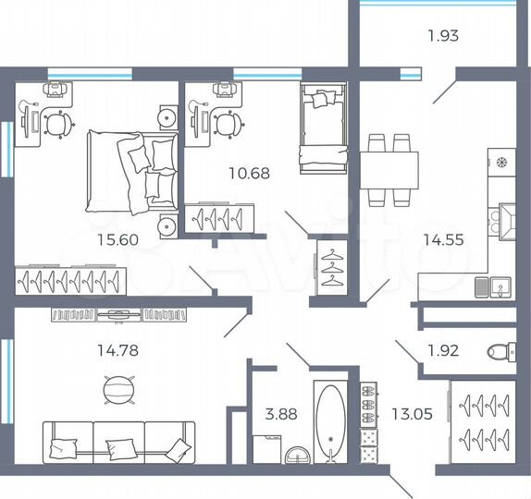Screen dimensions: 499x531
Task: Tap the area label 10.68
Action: tap(251, 173)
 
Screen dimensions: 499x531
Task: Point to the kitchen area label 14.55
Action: tap(445, 238)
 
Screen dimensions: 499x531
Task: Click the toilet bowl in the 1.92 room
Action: tap(497, 351)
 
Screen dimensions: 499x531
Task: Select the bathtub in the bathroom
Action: tap(330, 420)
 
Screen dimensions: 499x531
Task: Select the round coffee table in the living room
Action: tap(117, 388)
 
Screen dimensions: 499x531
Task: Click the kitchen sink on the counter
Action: tap(496, 286)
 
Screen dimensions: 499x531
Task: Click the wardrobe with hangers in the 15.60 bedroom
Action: tap(69, 278)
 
